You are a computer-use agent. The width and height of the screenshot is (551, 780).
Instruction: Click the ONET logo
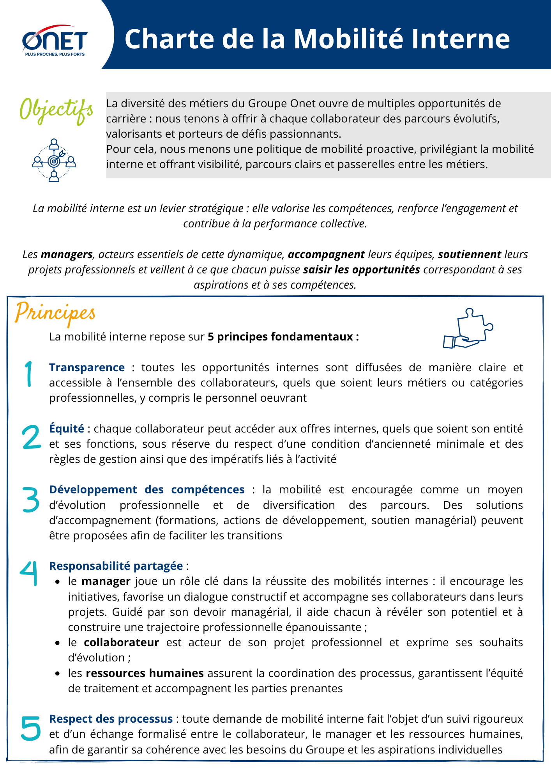pyautogui.click(x=55, y=41)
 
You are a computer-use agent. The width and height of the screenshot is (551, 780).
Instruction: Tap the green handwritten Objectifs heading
pyautogui.click(x=56, y=110)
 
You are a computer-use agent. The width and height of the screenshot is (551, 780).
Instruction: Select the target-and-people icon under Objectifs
pyautogui.click(x=54, y=160)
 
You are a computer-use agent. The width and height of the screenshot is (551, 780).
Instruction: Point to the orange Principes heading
pyautogui.click(x=55, y=313)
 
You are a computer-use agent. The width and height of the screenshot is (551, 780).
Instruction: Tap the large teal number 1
pyautogui.click(x=28, y=374)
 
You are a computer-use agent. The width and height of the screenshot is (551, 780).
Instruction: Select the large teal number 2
pyautogui.click(x=31, y=437)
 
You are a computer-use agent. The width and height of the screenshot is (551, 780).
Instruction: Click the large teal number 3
pyautogui.click(x=31, y=499)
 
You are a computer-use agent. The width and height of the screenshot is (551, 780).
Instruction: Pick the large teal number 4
pyautogui.click(x=29, y=573)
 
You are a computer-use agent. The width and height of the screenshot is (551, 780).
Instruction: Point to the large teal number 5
pyautogui.click(x=31, y=728)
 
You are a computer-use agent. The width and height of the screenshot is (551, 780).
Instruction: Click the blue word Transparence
pyautogui.click(x=87, y=367)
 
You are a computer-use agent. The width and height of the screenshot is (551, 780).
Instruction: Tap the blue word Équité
pyautogui.click(x=67, y=429)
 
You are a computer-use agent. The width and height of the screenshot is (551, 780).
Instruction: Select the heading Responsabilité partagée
pyautogui.click(x=116, y=566)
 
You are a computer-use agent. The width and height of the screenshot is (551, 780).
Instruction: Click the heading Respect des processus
pyautogui.click(x=111, y=719)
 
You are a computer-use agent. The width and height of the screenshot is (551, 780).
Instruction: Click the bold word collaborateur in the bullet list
pyautogui.click(x=121, y=642)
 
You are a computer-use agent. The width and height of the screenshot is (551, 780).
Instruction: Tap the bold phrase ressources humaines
pyautogui.click(x=145, y=673)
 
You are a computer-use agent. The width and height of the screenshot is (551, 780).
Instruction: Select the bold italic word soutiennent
pyautogui.click(x=469, y=254)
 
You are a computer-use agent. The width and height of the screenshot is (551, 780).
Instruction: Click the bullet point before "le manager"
pyautogui.click(x=58, y=582)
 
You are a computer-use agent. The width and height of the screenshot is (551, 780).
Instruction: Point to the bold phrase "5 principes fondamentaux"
pyautogui.click(x=283, y=337)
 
